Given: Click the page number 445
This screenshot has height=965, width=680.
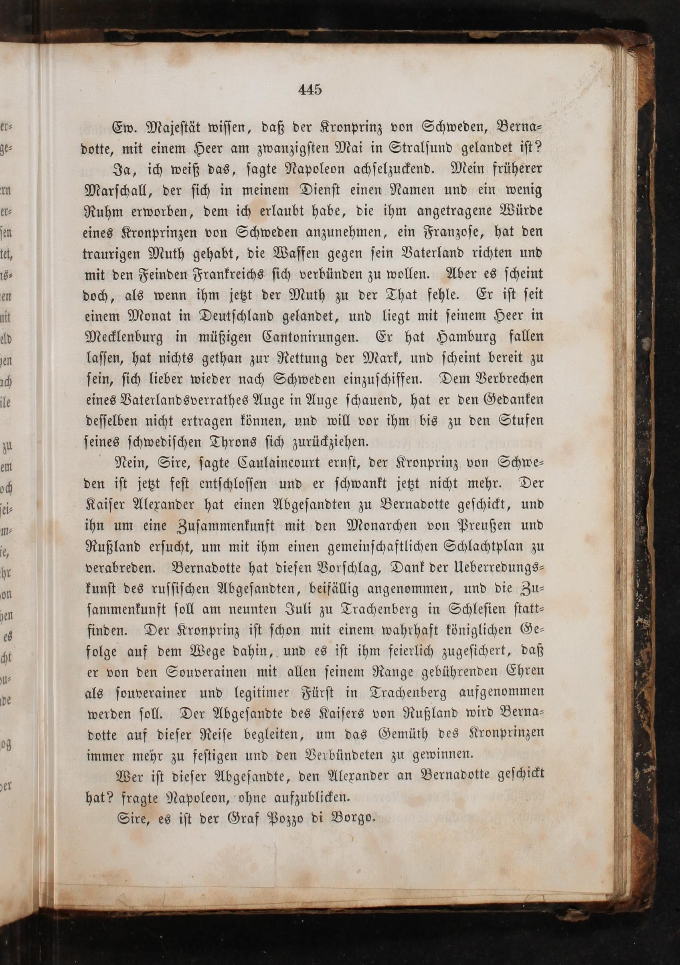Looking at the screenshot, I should (x=310, y=89).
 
